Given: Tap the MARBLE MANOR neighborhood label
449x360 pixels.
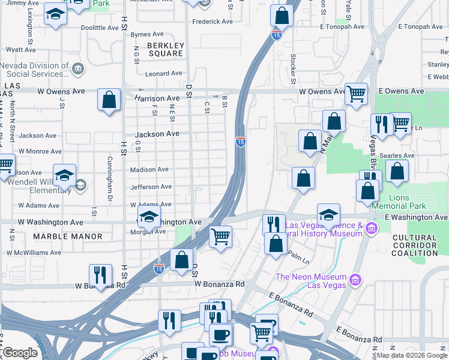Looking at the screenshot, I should (68, 236).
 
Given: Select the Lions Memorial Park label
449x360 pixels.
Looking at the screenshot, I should (408, 202).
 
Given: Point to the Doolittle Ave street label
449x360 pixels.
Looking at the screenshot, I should (100, 28).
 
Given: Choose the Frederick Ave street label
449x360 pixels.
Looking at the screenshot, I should (212, 22).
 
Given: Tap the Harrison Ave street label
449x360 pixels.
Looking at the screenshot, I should (157, 98).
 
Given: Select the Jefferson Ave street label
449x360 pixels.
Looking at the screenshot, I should (151, 187).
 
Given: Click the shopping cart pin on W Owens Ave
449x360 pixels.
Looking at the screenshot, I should (357, 94).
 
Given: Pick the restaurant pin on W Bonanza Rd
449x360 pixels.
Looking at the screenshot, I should (100, 275).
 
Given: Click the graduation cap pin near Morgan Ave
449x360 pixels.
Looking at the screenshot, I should (149, 217).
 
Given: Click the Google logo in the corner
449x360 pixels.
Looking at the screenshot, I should (20, 353).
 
